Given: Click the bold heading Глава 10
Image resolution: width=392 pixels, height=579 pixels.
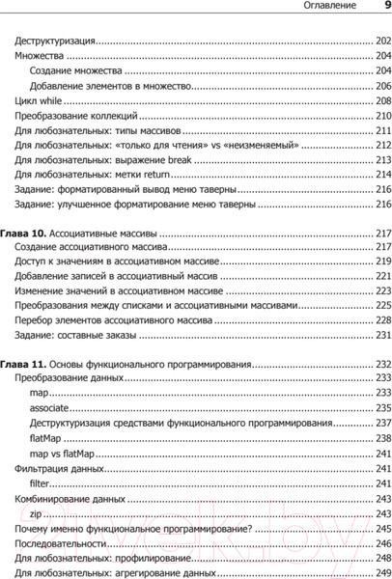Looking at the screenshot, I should (21, 234).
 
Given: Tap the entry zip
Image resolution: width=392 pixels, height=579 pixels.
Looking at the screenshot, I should (38, 515).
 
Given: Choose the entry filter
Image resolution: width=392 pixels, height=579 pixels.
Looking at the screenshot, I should (40, 482).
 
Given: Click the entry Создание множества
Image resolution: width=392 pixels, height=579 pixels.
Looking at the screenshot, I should (75, 71).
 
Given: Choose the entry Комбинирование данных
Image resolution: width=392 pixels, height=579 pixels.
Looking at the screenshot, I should (70, 500).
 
